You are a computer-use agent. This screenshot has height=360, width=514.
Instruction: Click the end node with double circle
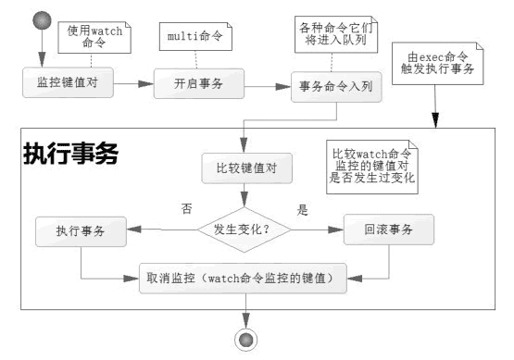pos(246,341)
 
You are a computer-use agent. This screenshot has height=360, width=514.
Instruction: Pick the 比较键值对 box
pos(242,168)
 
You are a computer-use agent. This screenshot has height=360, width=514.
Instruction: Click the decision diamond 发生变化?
pos(243,228)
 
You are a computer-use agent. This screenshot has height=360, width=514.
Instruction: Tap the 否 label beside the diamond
pos(186,209)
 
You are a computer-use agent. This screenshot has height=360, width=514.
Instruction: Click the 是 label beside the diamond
pos(301,209)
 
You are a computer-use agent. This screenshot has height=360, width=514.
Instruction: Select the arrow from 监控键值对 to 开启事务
pos(132,83)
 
